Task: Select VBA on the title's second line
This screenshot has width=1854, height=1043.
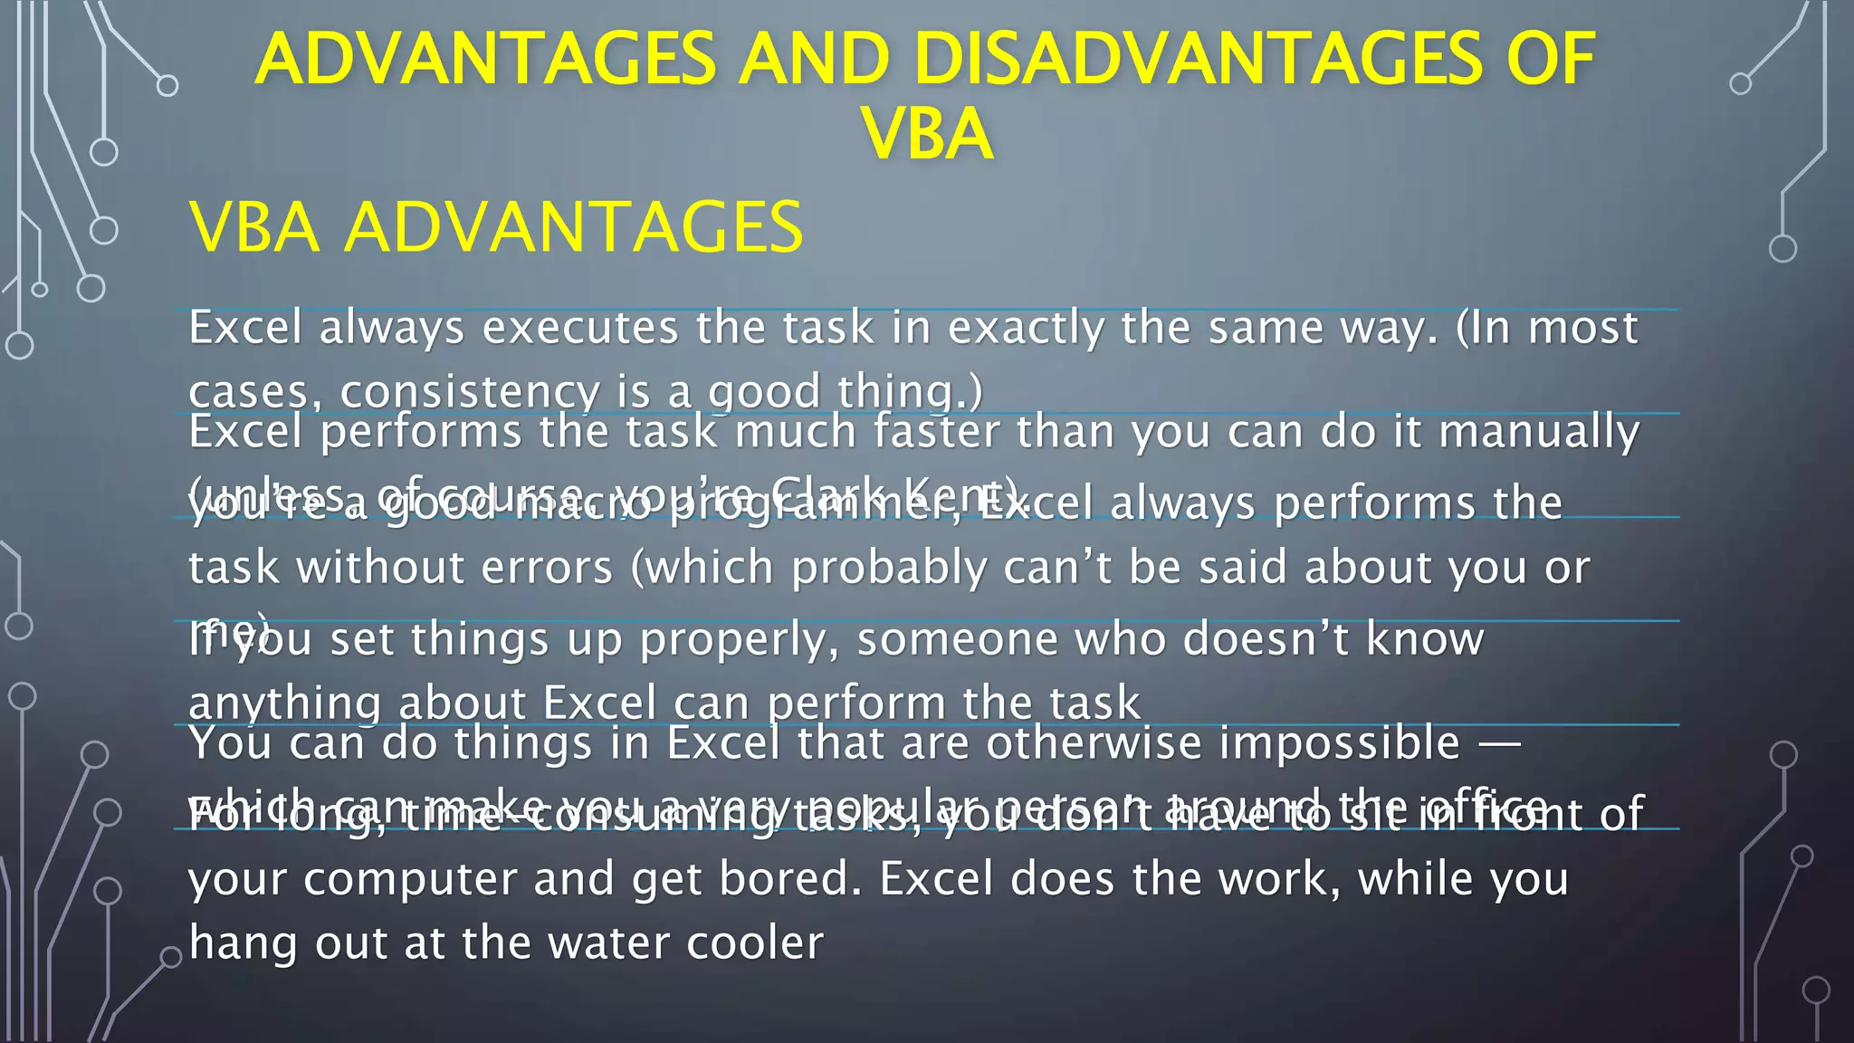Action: (928, 134)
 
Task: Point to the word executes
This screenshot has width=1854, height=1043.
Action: (580, 328)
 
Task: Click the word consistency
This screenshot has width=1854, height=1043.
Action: (470, 392)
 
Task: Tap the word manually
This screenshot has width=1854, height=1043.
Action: (1539, 432)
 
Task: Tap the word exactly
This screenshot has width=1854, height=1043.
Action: (1026, 328)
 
